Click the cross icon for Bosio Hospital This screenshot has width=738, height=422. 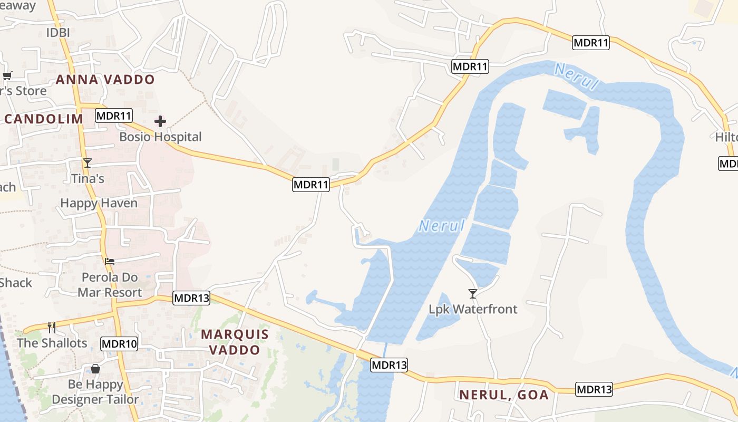click(x=160, y=122)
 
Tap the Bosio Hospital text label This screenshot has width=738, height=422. click(x=160, y=137)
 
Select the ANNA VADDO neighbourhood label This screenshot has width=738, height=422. click(x=105, y=80)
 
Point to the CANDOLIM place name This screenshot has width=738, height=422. click(x=44, y=119)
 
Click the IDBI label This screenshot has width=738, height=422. click(x=58, y=33)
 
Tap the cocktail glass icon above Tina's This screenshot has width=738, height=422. click(x=88, y=163)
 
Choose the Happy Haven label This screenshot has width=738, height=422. click(x=99, y=203)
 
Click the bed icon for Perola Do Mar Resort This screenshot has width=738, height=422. click(x=110, y=261)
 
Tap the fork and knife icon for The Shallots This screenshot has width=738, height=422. click(x=52, y=328)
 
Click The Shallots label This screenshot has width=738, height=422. click(x=52, y=343)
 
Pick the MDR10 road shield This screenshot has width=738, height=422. click(x=119, y=344)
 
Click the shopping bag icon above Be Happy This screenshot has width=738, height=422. click(x=95, y=369)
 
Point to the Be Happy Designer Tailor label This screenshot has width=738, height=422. click(x=95, y=392)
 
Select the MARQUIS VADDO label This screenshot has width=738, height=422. click(x=235, y=342)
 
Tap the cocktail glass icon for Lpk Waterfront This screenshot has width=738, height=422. click(x=473, y=294)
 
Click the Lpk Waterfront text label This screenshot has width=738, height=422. click(x=473, y=309)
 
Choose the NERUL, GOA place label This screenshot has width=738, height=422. click(x=504, y=395)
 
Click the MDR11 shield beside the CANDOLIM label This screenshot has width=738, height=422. click(x=114, y=116)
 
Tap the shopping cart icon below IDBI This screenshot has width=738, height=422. click(x=7, y=75)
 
